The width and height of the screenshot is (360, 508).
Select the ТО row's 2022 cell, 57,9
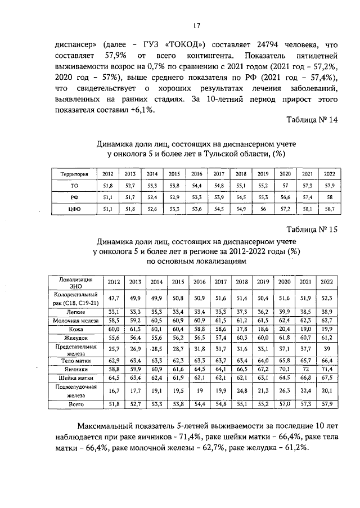coord(328,186)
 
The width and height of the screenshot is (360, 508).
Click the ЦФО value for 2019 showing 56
coord(262,210)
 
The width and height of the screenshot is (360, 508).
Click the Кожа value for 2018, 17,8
coord(241,330)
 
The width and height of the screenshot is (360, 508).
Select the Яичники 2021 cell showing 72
coord(305,368)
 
